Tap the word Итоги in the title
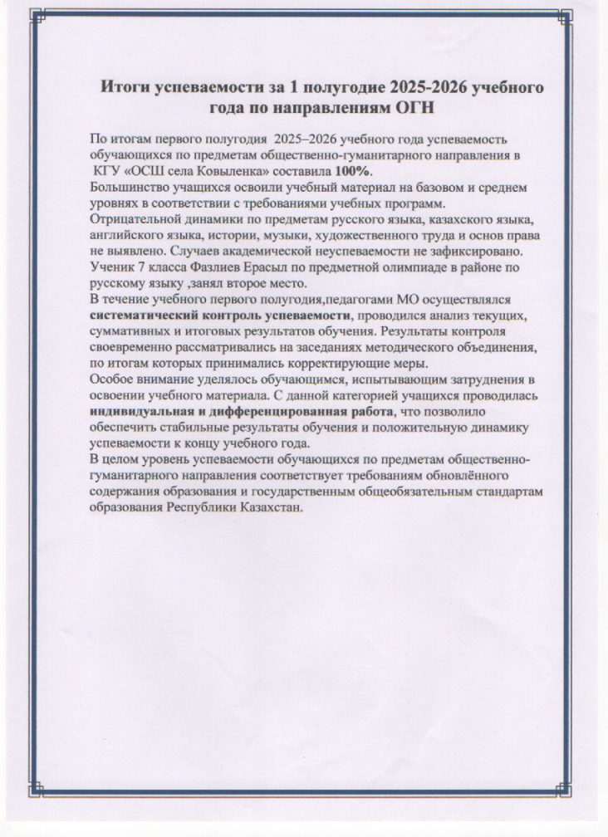[127, 86]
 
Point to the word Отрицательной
[131, 219]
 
